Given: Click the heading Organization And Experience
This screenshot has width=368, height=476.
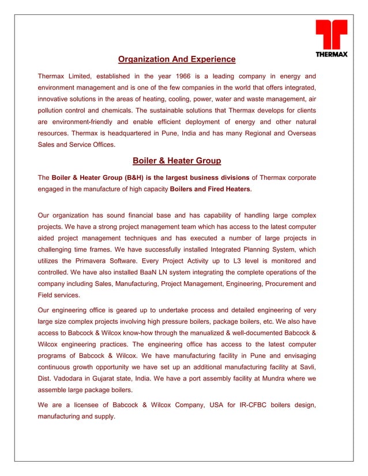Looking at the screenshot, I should (x=177, y=59).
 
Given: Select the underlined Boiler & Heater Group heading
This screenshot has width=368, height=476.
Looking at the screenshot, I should (x=177, y=161).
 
